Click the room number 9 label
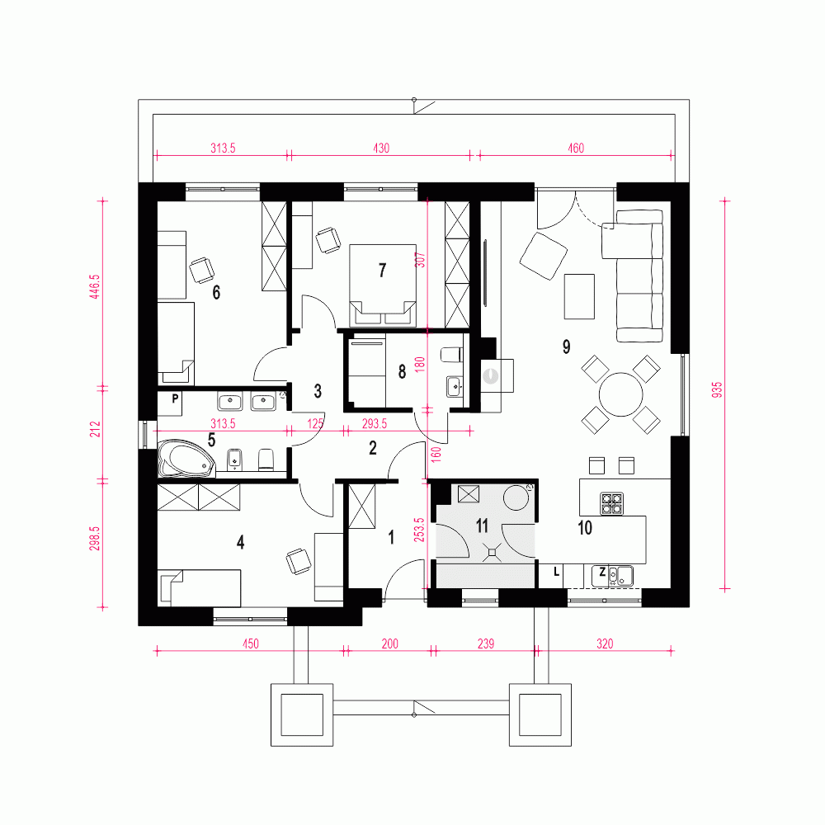pos(566,346)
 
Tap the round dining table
pos(620,396)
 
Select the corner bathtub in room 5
pos(184,459)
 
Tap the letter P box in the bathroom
pos(175,398)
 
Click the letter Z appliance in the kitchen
pos(603,572)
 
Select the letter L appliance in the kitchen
pos(557,572)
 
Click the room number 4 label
pos(240,542)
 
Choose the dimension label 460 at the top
pos(575,148)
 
